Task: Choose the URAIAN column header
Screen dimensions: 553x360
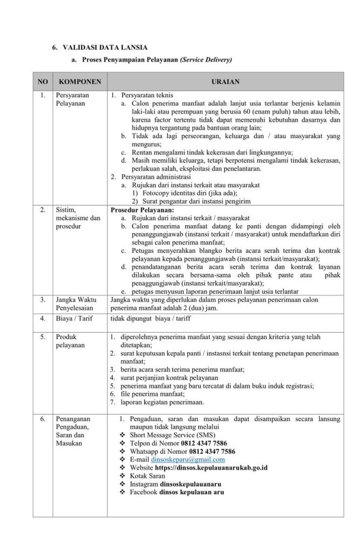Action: tap(225, 82)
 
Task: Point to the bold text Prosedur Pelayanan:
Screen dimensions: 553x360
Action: tap(142, 209)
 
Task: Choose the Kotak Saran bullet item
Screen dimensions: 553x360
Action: tap(147, 475)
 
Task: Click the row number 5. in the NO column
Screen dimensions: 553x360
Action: tap(42, 336)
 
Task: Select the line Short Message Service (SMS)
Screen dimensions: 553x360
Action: tap(168, 434)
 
